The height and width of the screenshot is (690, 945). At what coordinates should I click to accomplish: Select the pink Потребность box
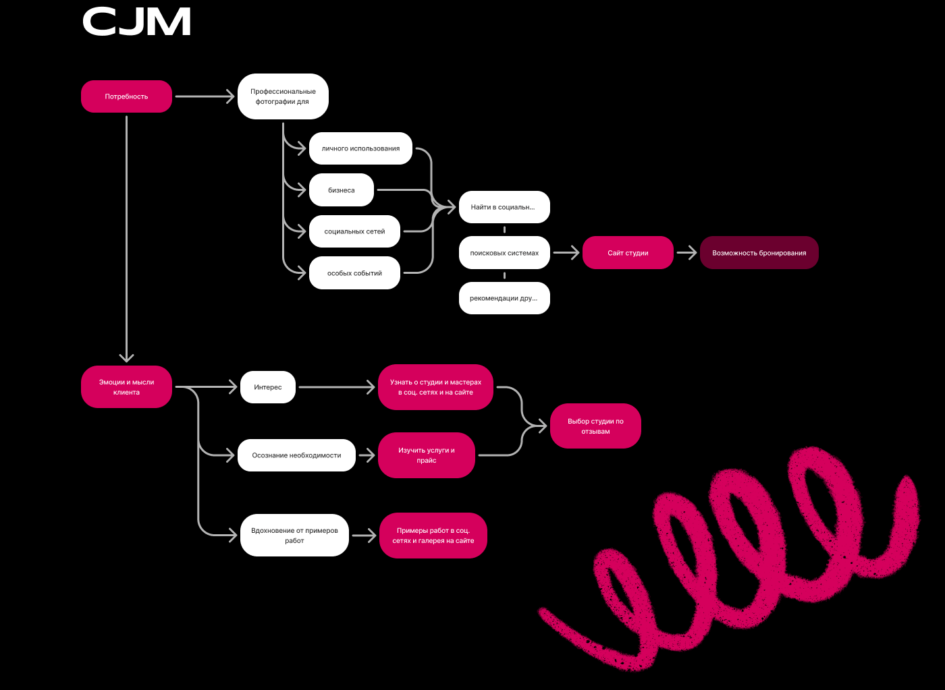coord(126,96)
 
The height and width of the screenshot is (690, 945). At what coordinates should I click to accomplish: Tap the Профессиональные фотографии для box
coord(283,96)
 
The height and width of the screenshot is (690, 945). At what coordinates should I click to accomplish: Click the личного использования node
coord(360,148)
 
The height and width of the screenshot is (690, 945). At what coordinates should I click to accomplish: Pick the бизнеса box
coord(341,190)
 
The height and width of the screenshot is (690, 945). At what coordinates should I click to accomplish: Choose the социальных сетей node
coord(354,231)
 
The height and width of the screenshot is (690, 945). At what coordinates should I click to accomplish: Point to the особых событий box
coord(354,273)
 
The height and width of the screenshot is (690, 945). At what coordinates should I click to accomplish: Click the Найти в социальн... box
coord(504,207)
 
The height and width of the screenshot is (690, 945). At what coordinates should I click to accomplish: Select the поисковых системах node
coord(504,253)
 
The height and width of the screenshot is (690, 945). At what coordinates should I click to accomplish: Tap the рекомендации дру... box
coord(504,298)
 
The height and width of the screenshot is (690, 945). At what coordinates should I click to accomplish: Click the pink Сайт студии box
coord(628,253)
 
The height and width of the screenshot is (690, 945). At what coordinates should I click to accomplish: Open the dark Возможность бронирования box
coord(759,253)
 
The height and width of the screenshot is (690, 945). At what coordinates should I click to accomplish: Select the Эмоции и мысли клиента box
coord(126,387)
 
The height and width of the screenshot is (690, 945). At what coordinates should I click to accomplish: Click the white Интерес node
coord(268,387)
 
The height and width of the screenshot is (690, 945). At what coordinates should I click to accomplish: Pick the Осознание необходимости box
coord(296,455)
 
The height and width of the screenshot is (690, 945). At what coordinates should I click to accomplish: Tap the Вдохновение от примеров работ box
coord(294,536)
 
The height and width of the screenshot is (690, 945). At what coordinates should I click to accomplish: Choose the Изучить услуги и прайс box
coord(427,455)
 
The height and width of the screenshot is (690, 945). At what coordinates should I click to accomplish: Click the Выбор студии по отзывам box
coord(595,426)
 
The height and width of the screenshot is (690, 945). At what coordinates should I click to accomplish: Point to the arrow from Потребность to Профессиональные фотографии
coord(205,96)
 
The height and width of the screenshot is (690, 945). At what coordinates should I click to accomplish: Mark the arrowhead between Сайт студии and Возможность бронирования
coord(690,253)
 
